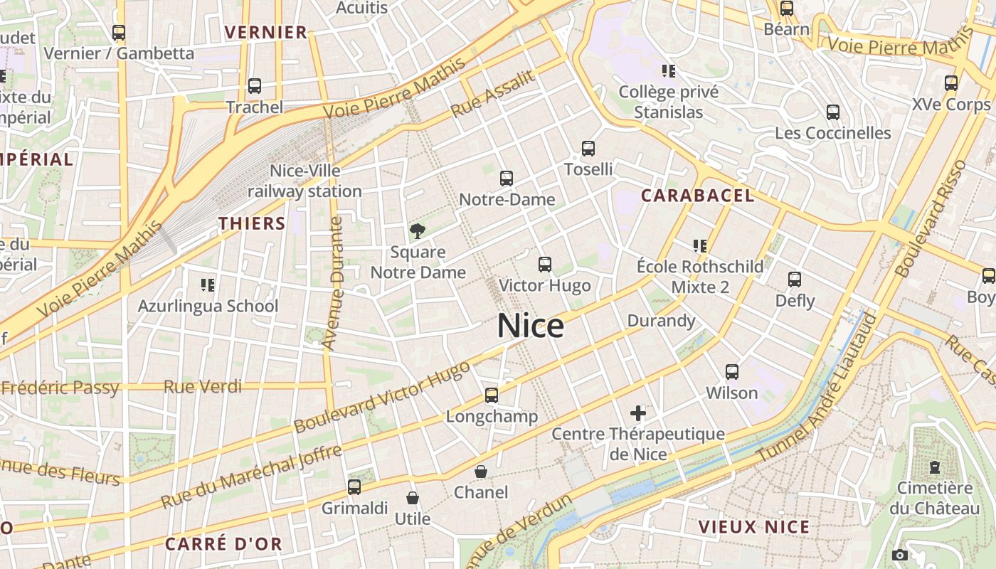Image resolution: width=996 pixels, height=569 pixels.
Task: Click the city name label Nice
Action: pos(531,326)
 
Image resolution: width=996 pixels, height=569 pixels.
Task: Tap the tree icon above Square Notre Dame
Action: pos(418,230)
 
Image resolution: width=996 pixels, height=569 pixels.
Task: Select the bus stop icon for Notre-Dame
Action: pos(507,179)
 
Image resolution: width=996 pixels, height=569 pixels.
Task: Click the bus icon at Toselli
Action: pos(588,149)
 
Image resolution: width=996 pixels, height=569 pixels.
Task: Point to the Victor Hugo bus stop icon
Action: pos(545,265)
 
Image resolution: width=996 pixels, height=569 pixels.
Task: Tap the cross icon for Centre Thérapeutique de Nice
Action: pos(638,413)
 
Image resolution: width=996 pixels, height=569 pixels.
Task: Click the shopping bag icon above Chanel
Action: pos(481,471)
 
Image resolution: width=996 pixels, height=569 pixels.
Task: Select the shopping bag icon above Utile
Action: pos(413,498)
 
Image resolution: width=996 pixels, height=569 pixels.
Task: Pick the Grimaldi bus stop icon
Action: pos(354,487)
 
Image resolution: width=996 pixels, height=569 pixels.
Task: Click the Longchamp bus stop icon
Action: pos(492,395)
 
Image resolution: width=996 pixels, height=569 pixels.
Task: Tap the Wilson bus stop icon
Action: pos(732,371)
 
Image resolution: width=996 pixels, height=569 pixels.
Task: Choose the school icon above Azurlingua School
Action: pos(208,285)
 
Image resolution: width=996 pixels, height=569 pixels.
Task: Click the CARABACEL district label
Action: pos(697,196)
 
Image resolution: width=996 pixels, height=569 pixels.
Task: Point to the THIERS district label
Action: pos(252,223)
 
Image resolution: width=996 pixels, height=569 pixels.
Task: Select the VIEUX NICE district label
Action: pos(754,527)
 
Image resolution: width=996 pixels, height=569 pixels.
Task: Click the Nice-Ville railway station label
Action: pos(304,181)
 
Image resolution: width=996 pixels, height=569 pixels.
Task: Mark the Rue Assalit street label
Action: pos(492,94)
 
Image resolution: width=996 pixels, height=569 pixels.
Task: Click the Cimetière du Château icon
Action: pos(935,467)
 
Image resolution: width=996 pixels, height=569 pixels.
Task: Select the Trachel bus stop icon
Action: pos(255,86)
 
